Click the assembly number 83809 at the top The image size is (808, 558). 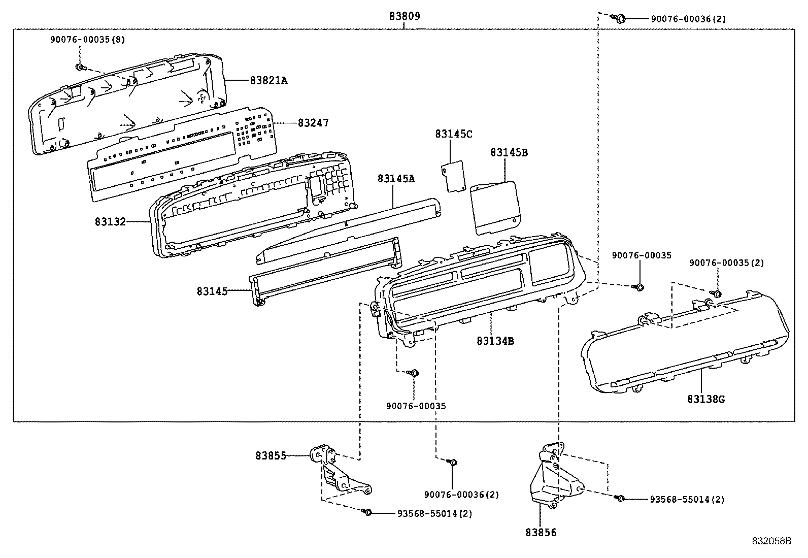[405, 16]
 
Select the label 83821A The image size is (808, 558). [268, 80]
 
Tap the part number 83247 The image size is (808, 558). [313, 123]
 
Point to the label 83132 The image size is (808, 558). [110, 222]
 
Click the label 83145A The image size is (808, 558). [396, 179]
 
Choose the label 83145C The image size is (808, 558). [453, 134]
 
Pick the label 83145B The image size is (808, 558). [509, 152]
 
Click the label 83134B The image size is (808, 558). [495, 341]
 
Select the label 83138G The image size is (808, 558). [706, 399]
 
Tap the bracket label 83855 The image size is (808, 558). [271, 456]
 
